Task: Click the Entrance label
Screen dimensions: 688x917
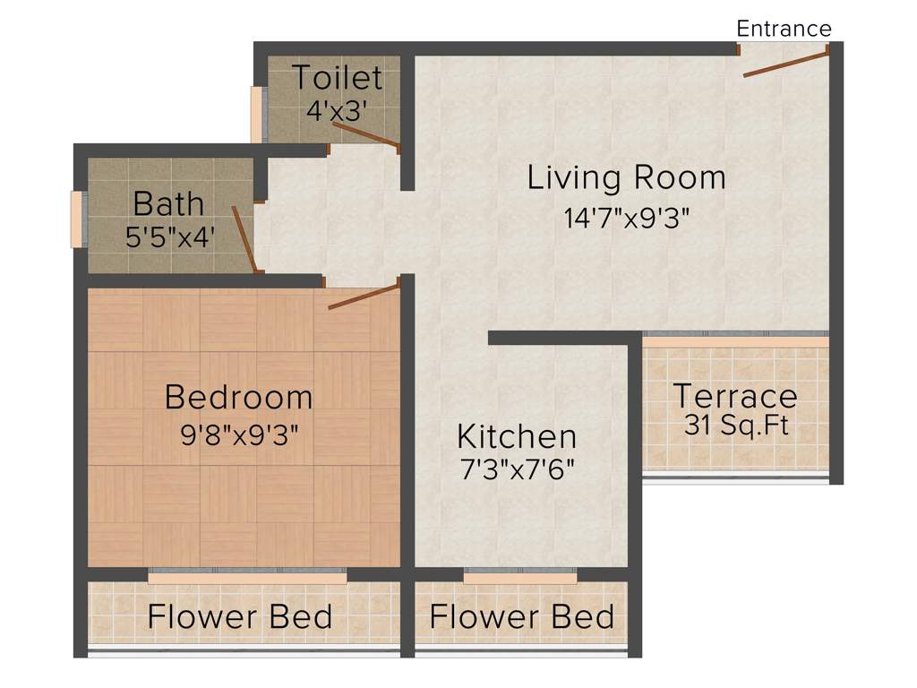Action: [x=784, y=29]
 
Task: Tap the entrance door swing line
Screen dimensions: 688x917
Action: [x=785, y=64]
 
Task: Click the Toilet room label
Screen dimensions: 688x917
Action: [x=337, y=78]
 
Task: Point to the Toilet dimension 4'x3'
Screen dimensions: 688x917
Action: [x=337, y=111]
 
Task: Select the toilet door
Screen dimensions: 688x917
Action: [x=365, y=133]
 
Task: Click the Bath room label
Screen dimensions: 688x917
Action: [x=168, y=203]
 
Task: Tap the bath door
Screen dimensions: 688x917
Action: [x=244, y=237]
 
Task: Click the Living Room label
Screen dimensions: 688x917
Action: [x=626, y=177]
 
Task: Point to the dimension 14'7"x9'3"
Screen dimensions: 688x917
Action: [x=626, y=218]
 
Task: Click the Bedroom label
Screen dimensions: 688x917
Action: [x=239, y=396]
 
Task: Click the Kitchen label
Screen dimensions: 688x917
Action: [x=517, y=436]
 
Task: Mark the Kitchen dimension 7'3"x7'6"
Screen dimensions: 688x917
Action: [x=517, y=469]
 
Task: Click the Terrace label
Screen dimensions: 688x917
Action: [x=734, y=395]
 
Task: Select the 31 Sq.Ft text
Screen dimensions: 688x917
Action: [x=736, y=426]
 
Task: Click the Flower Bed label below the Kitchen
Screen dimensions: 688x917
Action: [x=521, y=617]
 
